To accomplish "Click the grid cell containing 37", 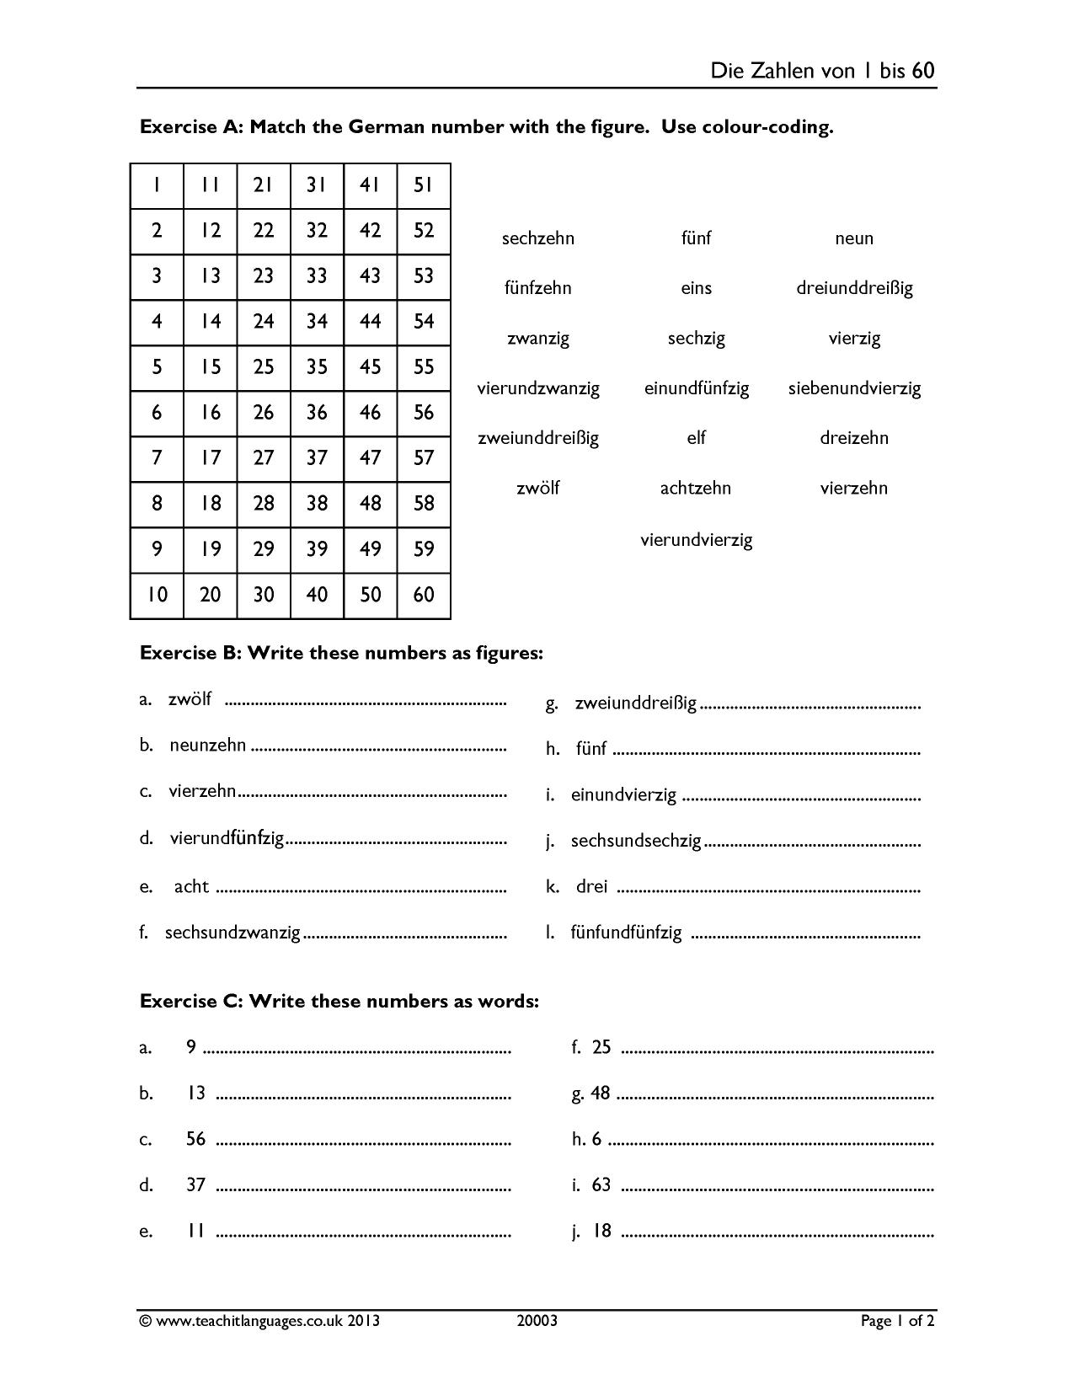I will (x=317, y=458).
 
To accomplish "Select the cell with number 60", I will (x=424, y=595).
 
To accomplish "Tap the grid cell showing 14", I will (x=211, y=322).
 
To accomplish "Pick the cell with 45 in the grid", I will (x=370, y=367).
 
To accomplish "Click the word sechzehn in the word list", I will (x=537, y=238).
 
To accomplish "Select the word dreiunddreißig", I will (x=854, y=288).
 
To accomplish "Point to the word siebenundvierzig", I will (x=854, y=388).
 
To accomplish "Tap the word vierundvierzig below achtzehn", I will (x=696, y=540).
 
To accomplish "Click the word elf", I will (x=696, y=438).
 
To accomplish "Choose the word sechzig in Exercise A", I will (x=696, y=339).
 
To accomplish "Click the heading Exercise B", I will (x=341, y=653).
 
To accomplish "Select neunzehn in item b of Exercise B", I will (x=208, y=746).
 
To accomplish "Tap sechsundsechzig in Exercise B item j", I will (x=636, y=841).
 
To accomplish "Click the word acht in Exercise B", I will (x=191, y=886).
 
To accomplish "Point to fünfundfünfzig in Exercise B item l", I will (x=626, y=933).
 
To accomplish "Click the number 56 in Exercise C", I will (x=195, y=1139).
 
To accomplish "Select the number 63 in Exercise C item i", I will (x=601, y=1185).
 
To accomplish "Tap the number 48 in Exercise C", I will (x=600, y=1093).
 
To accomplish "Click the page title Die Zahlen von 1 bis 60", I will (x=822, y=70).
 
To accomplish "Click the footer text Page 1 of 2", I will (x=897, y=1321).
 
